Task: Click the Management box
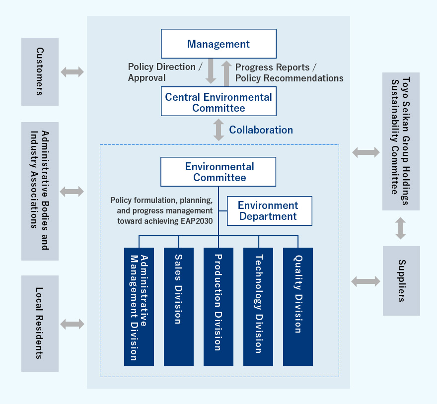(x=218, y=44)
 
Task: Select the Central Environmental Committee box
(x=218, y=102)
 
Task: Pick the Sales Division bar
(x=179, y=306)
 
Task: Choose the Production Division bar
(x=218, y=306)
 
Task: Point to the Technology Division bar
(x=258, y=306)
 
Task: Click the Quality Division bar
(x=298, y=306)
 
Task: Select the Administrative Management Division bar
(x=139, y=306)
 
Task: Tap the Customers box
(x=40, y=71)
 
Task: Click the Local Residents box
(x=40, y=324)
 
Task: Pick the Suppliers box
(x=401, y=281)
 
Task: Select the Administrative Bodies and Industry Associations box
(x=40, y=191)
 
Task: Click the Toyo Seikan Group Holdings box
(x=401, y=141)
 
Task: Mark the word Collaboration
(x=261, y=130)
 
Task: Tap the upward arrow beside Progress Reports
(x=226, y=73)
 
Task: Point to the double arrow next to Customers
(x=73, y=71)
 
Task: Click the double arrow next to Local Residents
(x=73, y=325)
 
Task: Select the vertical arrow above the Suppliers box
(x=401, y=228)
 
